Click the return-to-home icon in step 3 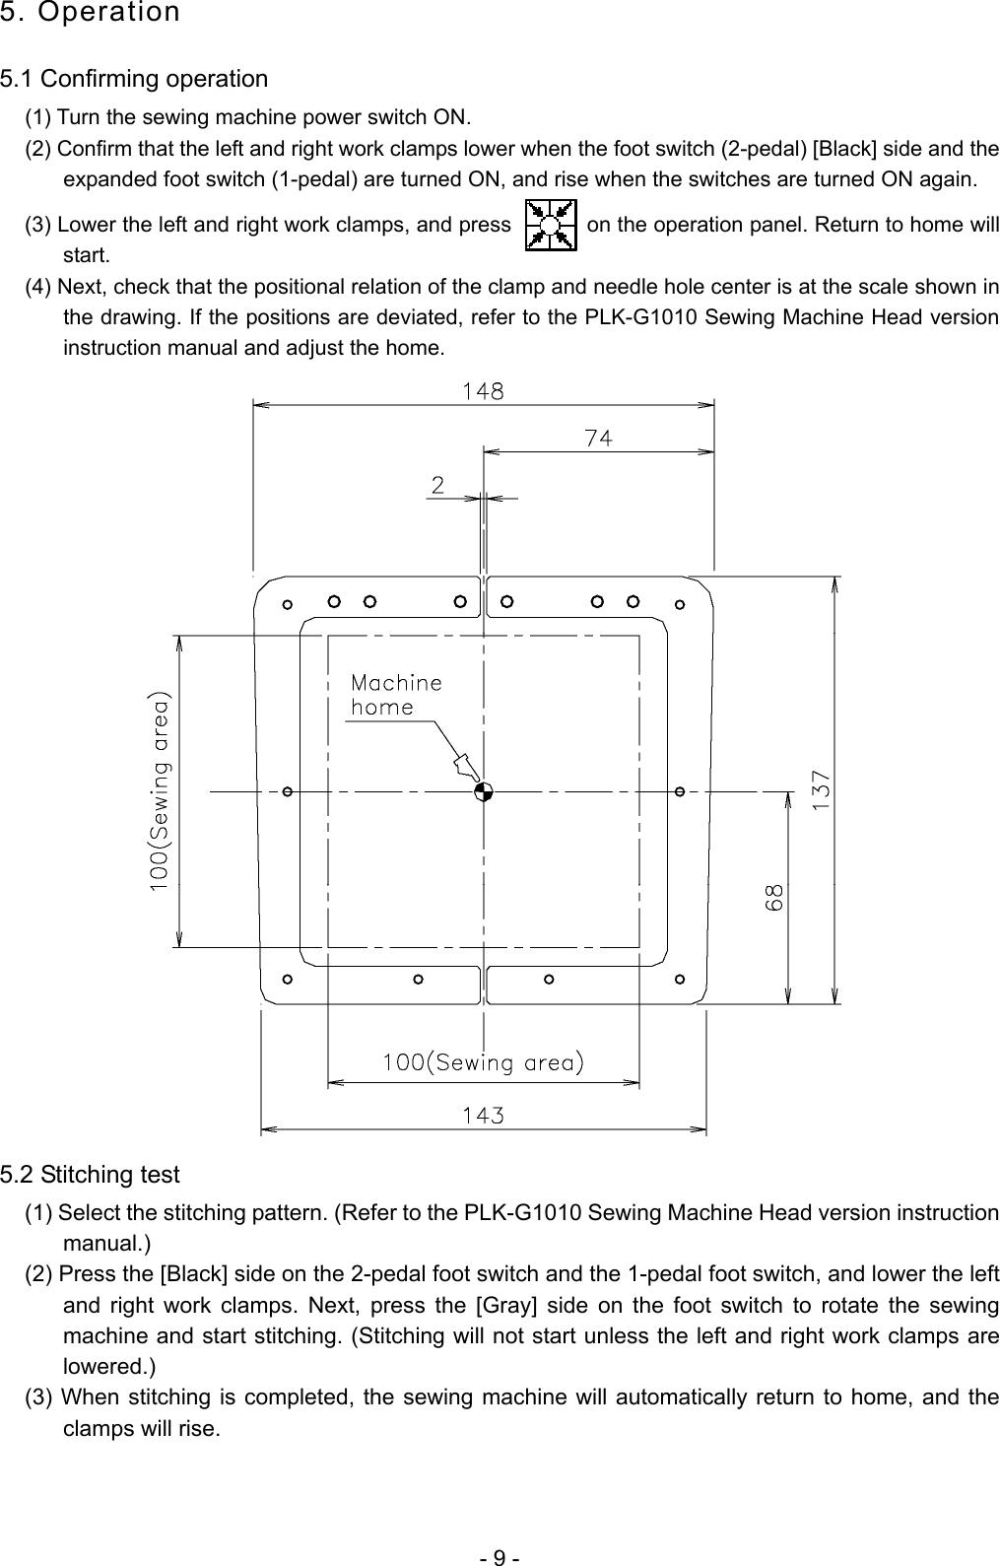coord(551,225)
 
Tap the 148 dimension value coord(484,391)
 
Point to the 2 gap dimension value coord(436,485)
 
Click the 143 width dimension coord(484,1116)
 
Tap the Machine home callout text coord(396,694)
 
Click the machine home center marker coord(482,791)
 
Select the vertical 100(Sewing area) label coord(160,791)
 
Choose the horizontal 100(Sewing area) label coord(484,1062)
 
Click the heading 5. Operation coord(90,13)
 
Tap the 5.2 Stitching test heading coord(90,1175)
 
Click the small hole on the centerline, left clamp coord(287,791)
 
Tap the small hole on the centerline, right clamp coord(680,791)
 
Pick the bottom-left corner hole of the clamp coord(287,980)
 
